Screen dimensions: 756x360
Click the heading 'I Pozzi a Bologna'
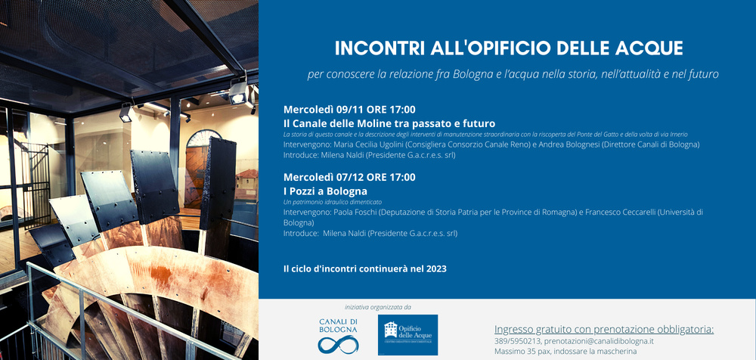click(325, 191)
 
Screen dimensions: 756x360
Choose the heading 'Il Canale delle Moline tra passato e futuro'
click(389, 123)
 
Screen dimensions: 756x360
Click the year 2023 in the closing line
click(436, 268)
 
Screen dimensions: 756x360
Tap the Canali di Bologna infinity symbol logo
click(338, 344)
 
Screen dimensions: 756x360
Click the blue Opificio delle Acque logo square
click(408, 335)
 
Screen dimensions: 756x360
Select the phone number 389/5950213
click(517, 341)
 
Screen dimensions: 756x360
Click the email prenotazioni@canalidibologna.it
click(599, 341)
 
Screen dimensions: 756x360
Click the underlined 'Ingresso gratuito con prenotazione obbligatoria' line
click(604, 330)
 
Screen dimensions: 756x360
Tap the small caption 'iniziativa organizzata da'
click(378, 307)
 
